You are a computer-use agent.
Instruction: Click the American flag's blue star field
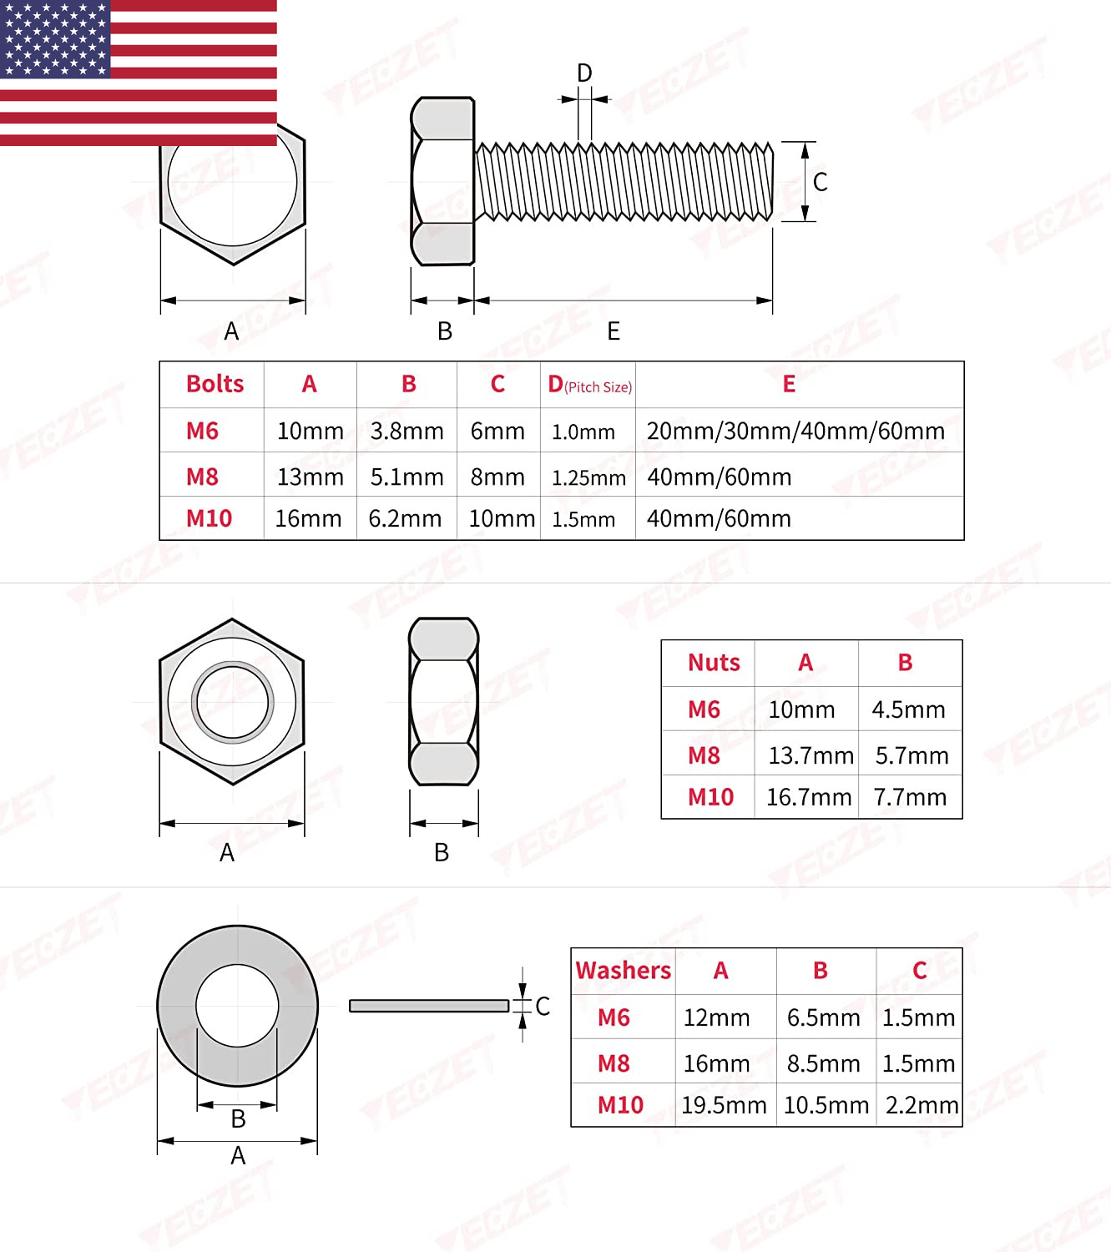55,39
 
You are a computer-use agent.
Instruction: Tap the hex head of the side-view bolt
442,181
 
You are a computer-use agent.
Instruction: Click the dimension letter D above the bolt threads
584,73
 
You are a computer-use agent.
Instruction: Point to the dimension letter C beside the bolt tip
820,182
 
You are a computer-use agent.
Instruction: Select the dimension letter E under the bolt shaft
614,331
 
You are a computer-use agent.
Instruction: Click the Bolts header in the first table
215,384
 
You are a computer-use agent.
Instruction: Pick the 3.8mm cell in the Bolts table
407,431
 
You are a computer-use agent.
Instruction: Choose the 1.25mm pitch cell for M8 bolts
588,477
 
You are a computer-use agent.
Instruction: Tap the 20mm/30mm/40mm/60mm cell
795,431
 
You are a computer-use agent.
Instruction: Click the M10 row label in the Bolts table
209,518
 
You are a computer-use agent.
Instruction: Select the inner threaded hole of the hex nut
232,702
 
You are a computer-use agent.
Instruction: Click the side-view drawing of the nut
443,701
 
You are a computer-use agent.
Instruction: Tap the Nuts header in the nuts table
714,663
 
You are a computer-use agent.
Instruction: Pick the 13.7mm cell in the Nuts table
811,755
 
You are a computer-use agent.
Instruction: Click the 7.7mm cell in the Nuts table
910,797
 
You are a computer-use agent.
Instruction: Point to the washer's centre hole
237,1005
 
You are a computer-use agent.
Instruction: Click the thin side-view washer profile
428,1006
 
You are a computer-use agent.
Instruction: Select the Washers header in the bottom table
623,971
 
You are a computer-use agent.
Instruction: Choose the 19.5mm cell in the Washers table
724,1105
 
